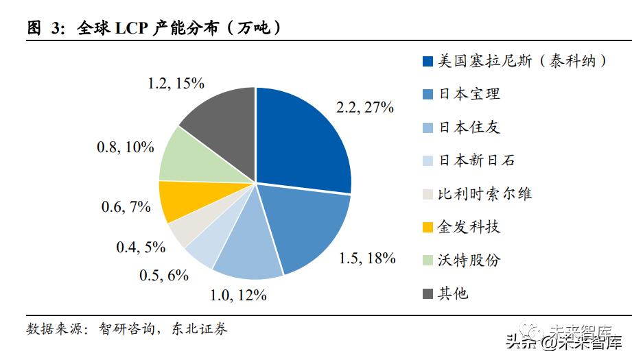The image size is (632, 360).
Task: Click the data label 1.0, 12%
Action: click(237, 296)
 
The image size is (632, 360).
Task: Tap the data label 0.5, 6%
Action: click(164, 275)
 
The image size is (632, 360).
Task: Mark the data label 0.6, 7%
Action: click(126, 206)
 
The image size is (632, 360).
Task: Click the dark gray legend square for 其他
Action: click(428, 294)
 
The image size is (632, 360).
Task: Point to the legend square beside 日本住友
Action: click(428, 128)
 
